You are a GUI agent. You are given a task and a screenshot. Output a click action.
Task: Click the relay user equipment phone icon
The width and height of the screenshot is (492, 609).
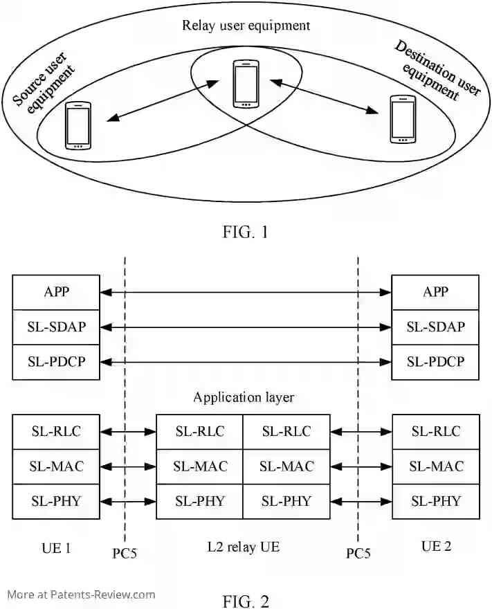coord(245,84)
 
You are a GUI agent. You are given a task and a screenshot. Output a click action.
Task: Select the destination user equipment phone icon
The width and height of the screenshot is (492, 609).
coord(402,119)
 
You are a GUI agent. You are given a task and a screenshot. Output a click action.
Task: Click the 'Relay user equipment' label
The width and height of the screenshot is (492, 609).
coord(246,26)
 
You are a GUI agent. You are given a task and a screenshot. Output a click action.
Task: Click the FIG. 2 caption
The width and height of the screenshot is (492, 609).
coord(246,599)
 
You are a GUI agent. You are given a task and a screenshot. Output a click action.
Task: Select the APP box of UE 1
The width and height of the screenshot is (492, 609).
coord(55,292)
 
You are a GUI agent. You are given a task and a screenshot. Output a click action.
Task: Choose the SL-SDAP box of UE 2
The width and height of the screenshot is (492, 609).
coord(435,327)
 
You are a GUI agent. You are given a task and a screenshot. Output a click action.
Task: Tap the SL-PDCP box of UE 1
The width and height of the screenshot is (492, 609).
coord(55,361)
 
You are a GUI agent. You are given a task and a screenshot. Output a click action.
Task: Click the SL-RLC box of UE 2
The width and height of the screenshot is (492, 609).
coord(435,432)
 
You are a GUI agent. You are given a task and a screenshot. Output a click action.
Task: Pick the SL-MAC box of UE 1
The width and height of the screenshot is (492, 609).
coord(55,466)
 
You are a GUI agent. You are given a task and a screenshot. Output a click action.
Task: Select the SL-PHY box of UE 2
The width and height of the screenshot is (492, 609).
coord(435,501)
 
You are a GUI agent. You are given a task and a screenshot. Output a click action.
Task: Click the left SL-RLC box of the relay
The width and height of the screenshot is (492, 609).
coord(200,432)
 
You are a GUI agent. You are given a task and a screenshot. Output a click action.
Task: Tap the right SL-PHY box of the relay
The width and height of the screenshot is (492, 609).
coord(286,501)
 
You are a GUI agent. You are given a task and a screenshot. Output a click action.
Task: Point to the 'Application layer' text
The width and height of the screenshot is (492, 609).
coord(244,397)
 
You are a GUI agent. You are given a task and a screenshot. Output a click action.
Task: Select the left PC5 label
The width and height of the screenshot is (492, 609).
coord(125,554)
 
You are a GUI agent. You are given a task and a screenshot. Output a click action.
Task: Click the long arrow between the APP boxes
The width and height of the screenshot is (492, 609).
coord(246,293)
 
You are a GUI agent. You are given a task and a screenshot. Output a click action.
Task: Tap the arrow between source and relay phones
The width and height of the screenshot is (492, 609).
coord(163,101)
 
